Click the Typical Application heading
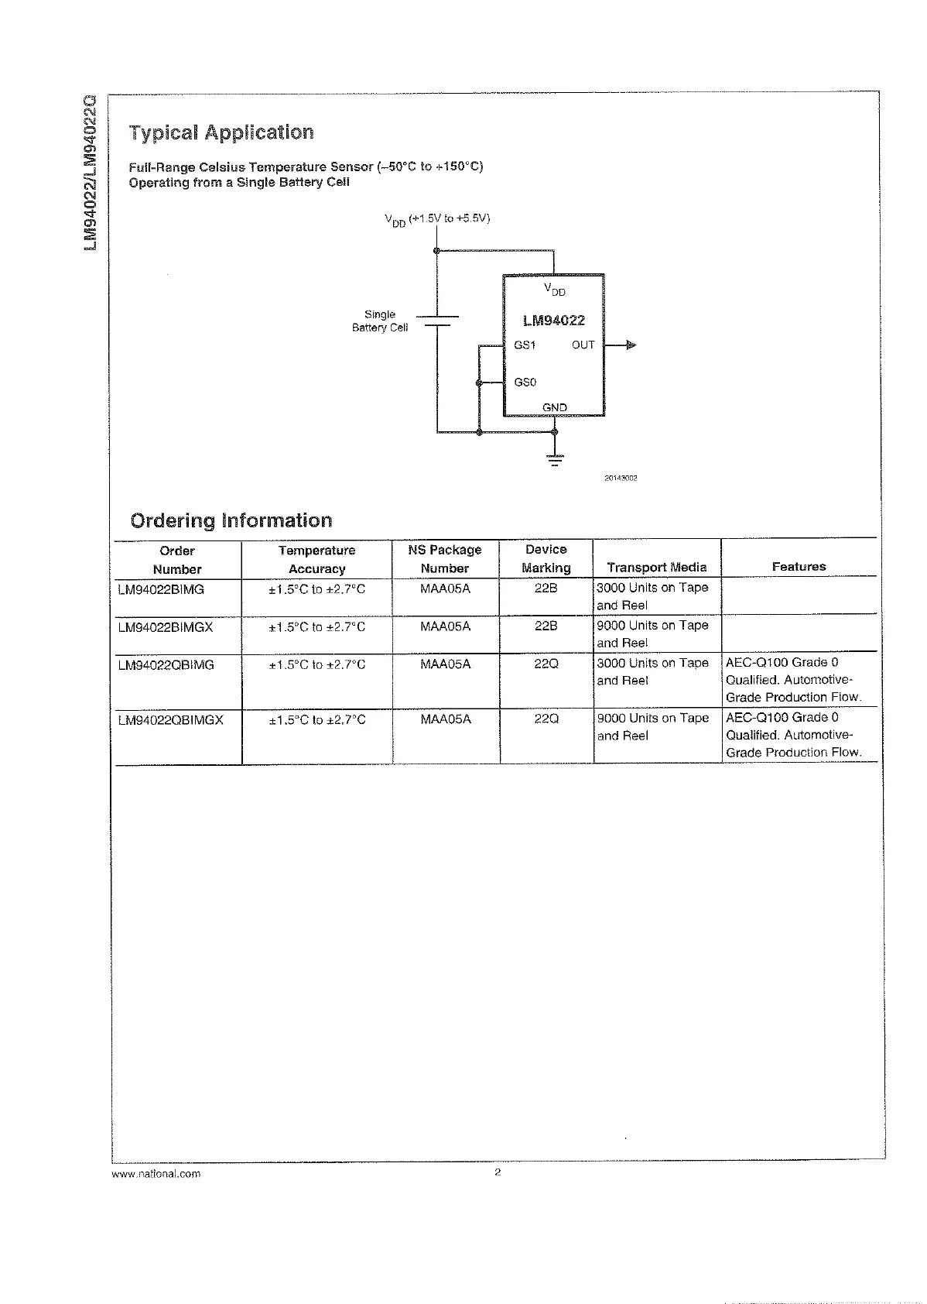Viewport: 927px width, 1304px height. [221, 132]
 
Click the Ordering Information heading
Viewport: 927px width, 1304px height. [231, 520]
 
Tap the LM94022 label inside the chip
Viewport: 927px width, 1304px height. [554, 321]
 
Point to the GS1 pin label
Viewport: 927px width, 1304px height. [525, 345]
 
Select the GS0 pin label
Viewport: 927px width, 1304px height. [525, 383]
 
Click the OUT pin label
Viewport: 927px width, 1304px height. [583, 345]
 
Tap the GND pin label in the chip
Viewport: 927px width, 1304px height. [555, 407]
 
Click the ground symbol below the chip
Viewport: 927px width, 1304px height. [555, 458]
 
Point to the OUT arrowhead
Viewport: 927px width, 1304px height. [631, 345]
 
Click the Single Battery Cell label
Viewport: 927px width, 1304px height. [380, 321]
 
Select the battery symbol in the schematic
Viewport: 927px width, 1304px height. [437, 321]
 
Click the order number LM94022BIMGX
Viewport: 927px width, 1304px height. [166, 627]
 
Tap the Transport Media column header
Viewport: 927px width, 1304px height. [656, 568]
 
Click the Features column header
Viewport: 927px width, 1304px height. [799, 567]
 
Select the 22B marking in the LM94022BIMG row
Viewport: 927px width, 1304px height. [546, 589]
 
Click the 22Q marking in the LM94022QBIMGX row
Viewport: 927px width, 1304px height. [546, 719]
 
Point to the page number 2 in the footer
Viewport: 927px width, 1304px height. [498, 1172]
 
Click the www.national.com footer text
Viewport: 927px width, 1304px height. [156, 1174]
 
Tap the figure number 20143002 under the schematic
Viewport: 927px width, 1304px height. [621, 479]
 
